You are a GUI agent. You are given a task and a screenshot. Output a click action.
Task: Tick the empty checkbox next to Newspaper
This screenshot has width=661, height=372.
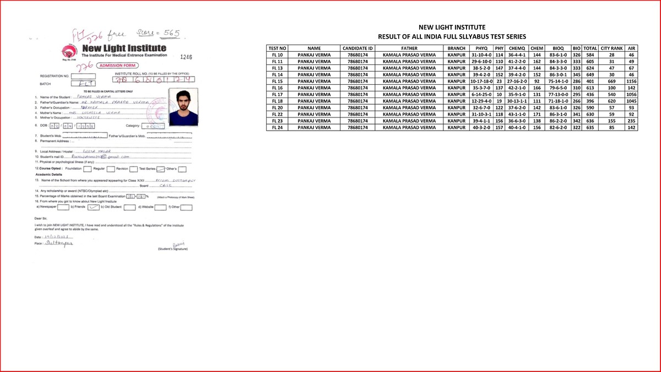63,208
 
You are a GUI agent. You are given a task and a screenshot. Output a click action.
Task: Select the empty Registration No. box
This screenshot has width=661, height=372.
84,76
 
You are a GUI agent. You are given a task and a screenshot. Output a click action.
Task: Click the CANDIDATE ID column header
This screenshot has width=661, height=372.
357,48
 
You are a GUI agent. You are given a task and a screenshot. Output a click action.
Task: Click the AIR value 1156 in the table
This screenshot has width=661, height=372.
631,81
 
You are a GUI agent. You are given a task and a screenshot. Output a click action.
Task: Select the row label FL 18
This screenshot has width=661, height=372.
278,101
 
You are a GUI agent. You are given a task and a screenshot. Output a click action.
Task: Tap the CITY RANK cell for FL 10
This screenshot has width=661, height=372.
611,55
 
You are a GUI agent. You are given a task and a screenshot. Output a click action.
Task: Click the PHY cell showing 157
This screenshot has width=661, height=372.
500,127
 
